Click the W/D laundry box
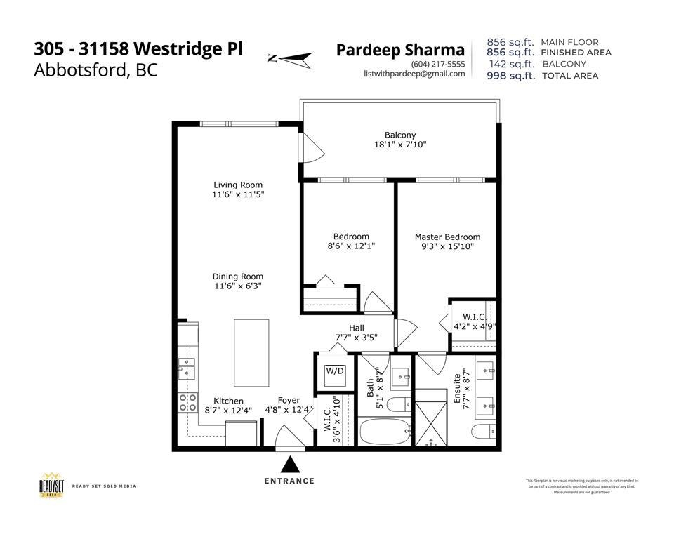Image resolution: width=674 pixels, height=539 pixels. (333, 372)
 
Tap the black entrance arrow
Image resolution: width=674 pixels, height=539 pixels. (289, 465)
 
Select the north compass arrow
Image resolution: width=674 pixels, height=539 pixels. (289, 59)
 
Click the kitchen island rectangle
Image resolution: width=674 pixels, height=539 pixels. (251, 352)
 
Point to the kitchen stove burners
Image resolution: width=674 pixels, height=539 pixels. (188, 402)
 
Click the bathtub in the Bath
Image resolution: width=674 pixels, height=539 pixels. (385, 432)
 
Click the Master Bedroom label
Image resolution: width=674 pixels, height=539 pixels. (447, 237)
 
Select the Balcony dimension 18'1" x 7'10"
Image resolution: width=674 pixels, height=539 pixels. (400, 145)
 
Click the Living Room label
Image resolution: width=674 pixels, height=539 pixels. (238, 185)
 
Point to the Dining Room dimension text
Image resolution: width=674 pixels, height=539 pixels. (238, 286)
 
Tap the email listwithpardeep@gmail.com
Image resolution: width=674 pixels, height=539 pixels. (414, 74)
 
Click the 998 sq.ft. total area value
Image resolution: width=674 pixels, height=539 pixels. (510, 76)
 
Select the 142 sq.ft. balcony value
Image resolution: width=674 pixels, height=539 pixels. (510, 64)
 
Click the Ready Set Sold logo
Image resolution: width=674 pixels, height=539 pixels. (51, 486)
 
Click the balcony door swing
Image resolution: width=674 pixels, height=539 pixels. (310, 149)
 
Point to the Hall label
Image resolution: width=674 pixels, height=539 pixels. (357, 328)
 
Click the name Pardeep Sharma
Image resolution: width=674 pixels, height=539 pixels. (400, 50)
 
